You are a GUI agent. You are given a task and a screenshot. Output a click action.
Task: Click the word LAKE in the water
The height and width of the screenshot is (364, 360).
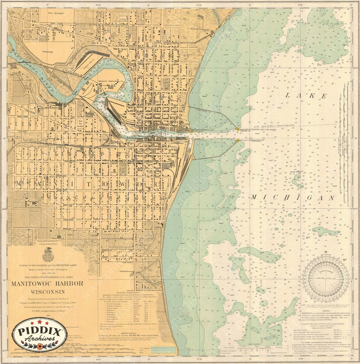click(305, 96)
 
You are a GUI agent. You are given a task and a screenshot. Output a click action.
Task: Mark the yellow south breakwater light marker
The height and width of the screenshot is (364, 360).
click(237, 141)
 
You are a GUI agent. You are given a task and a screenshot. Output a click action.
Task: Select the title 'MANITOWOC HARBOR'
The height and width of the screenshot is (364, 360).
click(47, 284)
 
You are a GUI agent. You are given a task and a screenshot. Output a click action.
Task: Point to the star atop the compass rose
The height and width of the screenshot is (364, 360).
click(326, 252)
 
